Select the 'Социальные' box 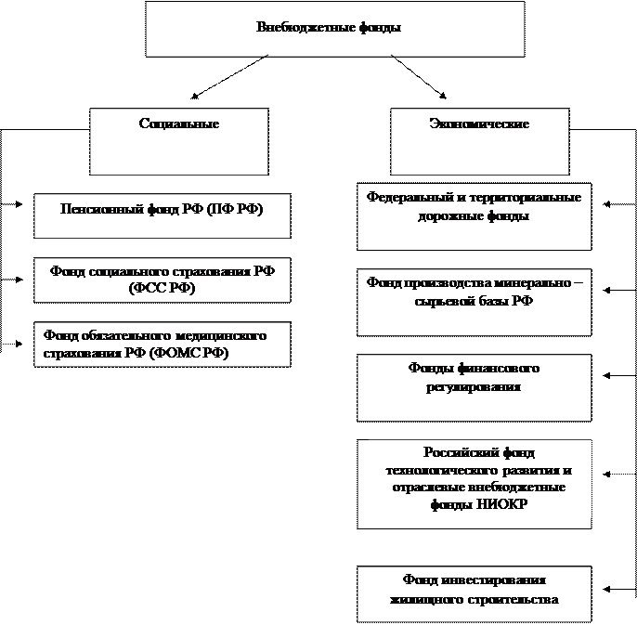[178, 141]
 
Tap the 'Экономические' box [478, 141]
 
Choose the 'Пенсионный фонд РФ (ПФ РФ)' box [162, 215]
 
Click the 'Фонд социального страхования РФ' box [162, 280]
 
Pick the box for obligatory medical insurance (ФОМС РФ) [162, 344]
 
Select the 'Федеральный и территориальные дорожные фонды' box [474, 216]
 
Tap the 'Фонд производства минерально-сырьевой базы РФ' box [474, 302]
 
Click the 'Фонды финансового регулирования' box [474, 387]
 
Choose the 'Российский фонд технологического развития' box [474, 483]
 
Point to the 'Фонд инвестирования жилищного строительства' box [474, 593]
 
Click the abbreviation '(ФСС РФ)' [162, 290]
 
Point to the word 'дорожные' [445, 216]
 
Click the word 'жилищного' [426, 599]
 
